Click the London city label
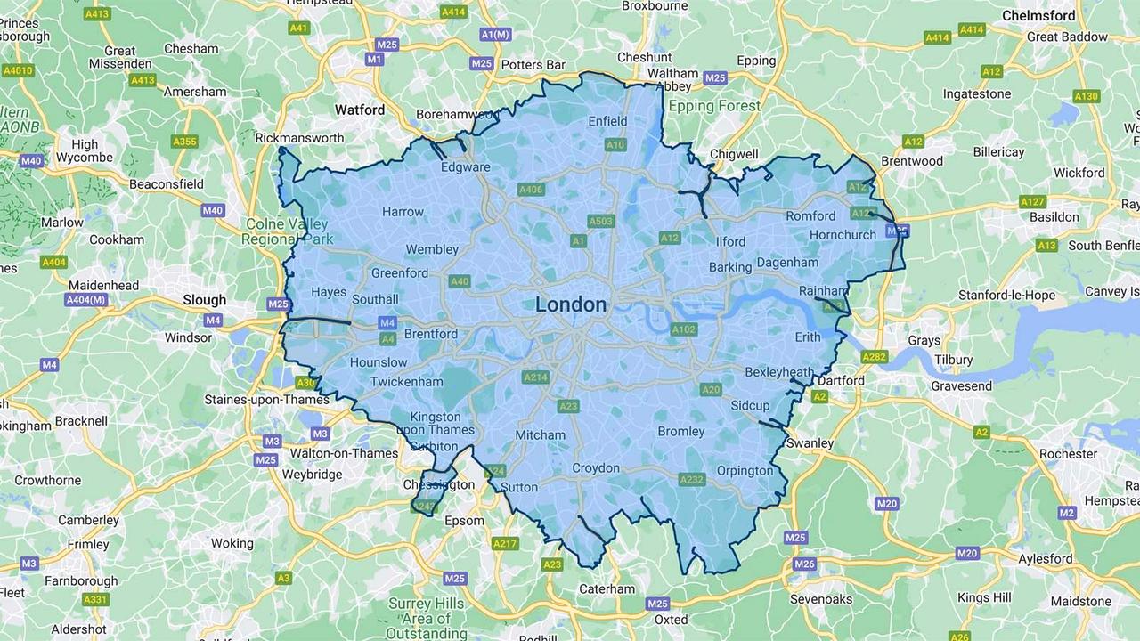(x=571, y=304)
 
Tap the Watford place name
(x=360, y=110)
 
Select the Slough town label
(x=205, y=300)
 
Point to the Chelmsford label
(x=1038, y=15)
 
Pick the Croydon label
(x=596, y=468)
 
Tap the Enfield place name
(x=608, y=121)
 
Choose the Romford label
(x=810, y=215)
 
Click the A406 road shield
(x=531, y=190)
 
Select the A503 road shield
(x=600, y=221)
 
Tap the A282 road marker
(x=875, y=357)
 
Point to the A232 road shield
(x=692, y=479)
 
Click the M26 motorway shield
(x=804, y=564)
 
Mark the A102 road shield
(x=683, y=329)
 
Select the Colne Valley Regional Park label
(x=288, y=231)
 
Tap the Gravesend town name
(x=961, y=385)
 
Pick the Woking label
(x=232, y=543)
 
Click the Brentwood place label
(x=911, y=161)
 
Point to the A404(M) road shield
(x=86, y=300)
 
